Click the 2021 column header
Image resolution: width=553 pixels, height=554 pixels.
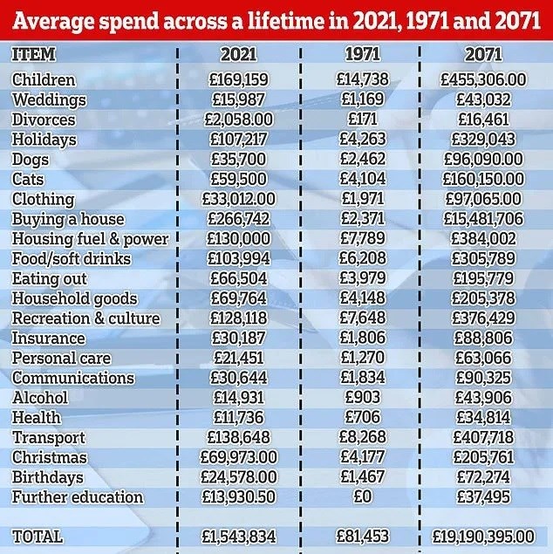(238, 54)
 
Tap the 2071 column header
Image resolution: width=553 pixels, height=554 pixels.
(483, 54)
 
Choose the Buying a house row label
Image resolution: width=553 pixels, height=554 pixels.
(68, 219)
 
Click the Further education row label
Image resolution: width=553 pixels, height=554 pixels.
(78, 497)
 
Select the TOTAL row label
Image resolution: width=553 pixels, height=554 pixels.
(38, 536)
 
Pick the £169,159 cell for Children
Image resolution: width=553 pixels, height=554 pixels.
(238, 80)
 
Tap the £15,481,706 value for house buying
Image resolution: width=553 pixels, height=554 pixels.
(483, 219)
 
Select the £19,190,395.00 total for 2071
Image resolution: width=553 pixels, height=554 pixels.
(483, 536)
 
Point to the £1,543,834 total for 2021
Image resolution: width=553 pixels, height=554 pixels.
(238, 536)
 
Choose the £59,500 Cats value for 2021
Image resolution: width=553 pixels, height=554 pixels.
(238, 179)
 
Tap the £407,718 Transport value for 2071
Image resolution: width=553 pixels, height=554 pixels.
(483, 437)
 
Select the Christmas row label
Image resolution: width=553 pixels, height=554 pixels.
(50, 457)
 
